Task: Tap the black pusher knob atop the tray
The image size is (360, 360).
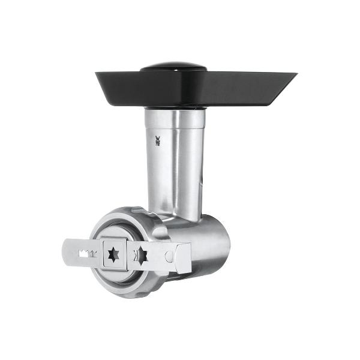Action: pyautogui.click(x=173, y=66)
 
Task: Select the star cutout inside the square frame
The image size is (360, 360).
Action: pyautogui.click(x=113, y=254)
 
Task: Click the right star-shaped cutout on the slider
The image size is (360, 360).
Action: pyautogui.click(x=142, y=256)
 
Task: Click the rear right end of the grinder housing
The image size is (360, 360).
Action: pyautogui.click(x=226, y=243)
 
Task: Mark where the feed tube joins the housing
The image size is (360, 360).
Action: pyautogui.click(x=180, y=217)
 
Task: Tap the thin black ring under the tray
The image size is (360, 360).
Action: pyautogui.click(x=174, y=108)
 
